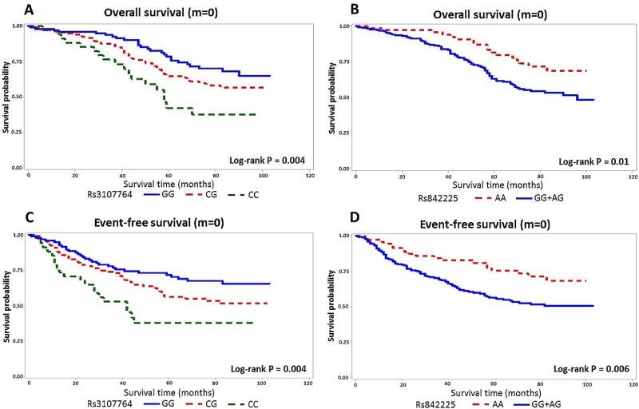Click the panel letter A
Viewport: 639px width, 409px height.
[x=7, y=9]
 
